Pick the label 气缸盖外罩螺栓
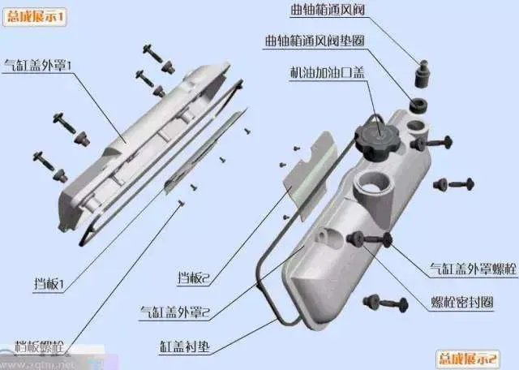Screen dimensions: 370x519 (x=471, y=269)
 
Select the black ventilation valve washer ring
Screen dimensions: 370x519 (x=418, y=105)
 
